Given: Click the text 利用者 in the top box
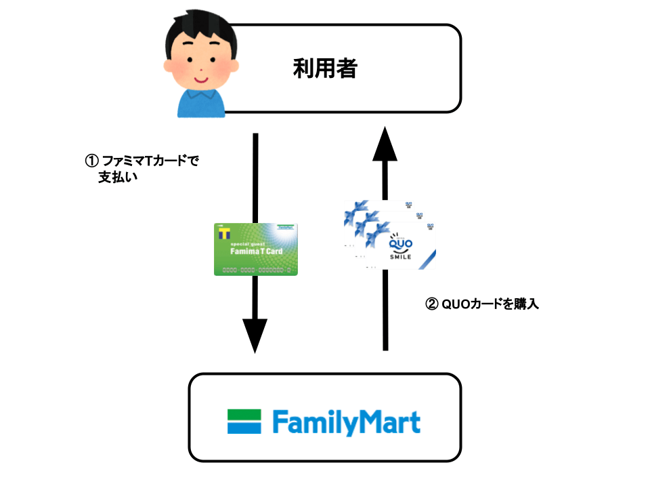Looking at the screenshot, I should pyautogui.click(x=324, y=68).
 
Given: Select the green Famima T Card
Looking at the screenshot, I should pyautogui.click(x=256, y=249).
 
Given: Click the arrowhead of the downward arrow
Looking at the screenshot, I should pyautogui.click(x=255, y=335).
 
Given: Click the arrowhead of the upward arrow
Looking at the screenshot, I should pyautogui.click(x=386, y=145).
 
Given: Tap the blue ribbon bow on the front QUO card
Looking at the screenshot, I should pyautogui.click(x=374, y=232).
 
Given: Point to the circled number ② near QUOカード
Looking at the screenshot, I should pyautogui.click(x=431, y=304).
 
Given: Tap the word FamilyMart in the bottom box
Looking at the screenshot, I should pyautogui.click(x=346, y=422).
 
